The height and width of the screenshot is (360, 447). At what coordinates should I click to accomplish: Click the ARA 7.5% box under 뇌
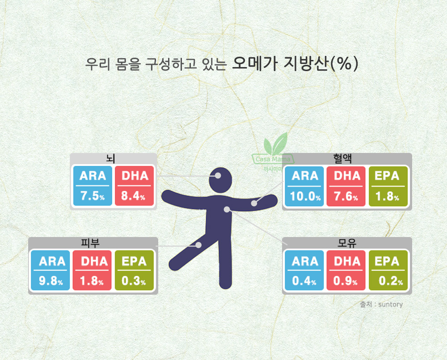[93, 186]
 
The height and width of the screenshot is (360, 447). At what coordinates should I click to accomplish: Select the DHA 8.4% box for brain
[134, 186]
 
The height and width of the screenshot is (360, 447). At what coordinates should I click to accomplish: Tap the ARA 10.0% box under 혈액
[304, 186]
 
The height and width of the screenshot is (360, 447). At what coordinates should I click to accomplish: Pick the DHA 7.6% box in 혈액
[346, 186]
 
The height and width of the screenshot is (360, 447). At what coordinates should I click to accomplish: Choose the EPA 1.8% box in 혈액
[388, 186]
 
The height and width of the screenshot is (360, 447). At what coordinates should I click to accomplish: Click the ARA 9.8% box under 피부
[51, 270]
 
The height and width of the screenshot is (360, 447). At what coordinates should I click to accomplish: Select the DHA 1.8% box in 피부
[92, 270]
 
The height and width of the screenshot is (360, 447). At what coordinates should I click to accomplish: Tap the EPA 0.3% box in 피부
[134, 270]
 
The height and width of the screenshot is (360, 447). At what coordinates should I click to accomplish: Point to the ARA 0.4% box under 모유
[304, 270]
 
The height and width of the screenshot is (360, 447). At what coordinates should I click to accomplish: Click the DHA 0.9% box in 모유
[346, 270]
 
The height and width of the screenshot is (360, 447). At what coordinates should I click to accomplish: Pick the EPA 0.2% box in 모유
[388, 270]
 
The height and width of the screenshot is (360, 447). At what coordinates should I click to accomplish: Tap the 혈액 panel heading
[342, 159]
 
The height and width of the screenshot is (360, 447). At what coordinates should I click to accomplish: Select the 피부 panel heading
[90, 243]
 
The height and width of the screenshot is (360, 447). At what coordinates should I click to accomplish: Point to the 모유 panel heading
[347, 243]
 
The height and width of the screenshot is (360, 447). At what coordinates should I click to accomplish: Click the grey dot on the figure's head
[218, 176]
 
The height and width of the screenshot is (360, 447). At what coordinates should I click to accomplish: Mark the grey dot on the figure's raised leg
[198, 245]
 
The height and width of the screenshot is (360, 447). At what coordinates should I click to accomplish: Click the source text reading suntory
[390, 305]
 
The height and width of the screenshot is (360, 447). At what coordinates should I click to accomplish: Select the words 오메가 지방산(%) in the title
[295, 64]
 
